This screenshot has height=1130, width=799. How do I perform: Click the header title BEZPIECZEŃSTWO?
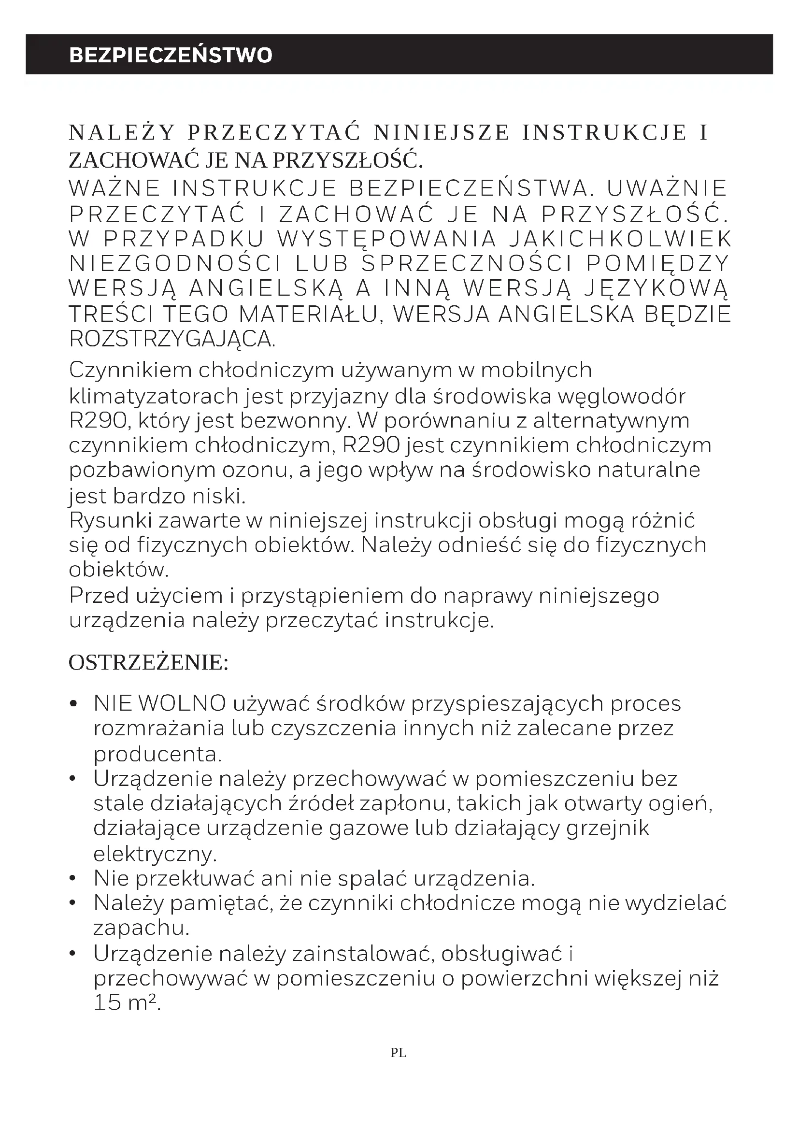point(170,55)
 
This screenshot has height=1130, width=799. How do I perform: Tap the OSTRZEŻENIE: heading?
point(148,663)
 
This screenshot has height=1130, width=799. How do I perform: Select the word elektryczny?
point(155,854)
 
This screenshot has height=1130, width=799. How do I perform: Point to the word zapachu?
point(142,929)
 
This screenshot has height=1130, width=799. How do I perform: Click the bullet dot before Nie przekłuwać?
point(73,878)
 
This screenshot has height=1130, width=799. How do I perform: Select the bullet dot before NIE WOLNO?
point(74,704)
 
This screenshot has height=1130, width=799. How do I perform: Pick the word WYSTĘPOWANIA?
point(387,239)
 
